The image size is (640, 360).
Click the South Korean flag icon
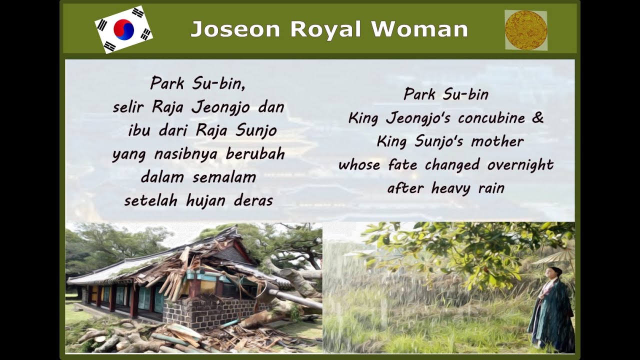click(x=123, y=29)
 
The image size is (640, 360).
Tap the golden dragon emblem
click(x=526, y=30)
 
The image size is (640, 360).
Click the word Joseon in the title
click(x=235, y=29)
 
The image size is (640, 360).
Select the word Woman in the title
click(x=419, y=29)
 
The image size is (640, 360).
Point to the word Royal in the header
click(x=325, y=29)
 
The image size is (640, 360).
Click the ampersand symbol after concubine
click(x=537, y=118)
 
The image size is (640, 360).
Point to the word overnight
click(x=520, y=165)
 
